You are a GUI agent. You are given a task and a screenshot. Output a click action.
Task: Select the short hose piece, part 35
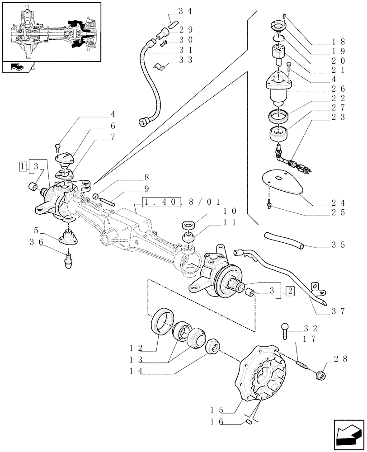[283, 240]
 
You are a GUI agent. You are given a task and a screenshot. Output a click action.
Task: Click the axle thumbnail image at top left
[51, 31]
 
